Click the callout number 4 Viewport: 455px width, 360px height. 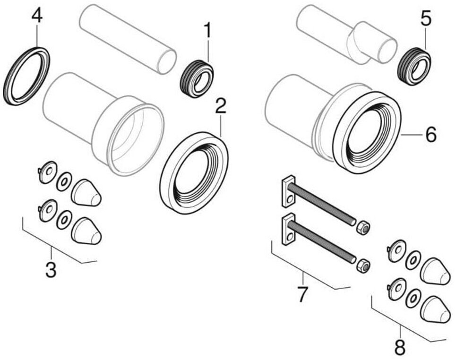click(37, 15)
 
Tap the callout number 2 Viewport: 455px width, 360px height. click(220, 107)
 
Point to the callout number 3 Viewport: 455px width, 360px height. click(51, 270)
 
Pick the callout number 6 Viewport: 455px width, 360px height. click(430, 135)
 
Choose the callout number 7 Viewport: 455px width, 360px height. click(302, 294)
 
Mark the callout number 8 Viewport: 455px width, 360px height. click(400, 348)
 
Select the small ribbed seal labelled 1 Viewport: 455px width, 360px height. click(197, 79)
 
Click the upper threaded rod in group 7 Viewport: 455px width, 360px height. click(321, 203)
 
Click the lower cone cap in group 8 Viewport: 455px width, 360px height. click(435, 310)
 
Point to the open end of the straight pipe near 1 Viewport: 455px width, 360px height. click(167, 62)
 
